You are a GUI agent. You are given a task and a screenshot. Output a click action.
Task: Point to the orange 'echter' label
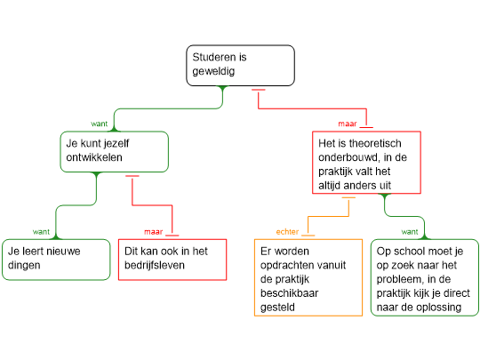[287, 232]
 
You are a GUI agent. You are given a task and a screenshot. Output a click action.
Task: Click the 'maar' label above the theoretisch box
[348, 124]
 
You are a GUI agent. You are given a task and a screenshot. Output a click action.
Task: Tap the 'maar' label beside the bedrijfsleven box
[154, 232]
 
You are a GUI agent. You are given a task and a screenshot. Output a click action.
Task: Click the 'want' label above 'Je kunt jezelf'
[100, 124]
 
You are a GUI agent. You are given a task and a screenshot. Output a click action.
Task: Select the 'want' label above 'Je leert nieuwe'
[41, 232]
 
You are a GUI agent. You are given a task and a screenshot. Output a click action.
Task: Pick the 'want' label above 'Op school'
[410, 232]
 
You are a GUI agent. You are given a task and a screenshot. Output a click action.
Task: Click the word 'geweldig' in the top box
[213, 71]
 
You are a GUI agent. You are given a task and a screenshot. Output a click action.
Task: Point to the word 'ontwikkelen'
[94, 157]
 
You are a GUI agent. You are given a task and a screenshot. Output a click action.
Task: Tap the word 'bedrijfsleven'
[155, 265]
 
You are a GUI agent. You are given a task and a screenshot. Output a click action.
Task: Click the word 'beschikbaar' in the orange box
[289, 293]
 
